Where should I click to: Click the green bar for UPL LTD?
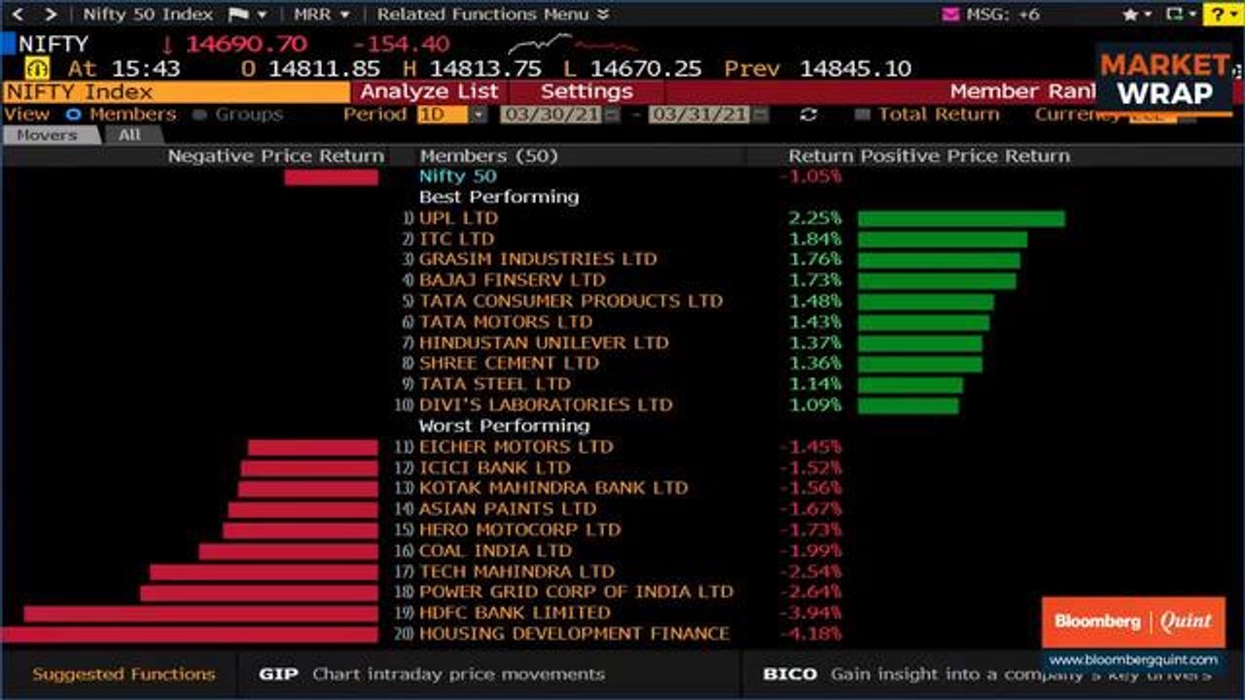[x=961, y=219]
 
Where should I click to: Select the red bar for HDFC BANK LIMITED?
[x=200, y=613]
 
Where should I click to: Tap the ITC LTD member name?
[x=456, y=239]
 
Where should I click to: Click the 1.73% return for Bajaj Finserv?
[x=815, y=280]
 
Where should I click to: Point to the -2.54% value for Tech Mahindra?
[x=810, y=572]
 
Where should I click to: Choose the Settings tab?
[x=587, y=91]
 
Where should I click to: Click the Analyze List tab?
[x=429, y=91]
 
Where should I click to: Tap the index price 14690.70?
[x=246, y=44]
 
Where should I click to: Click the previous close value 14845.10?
[x=855, y=69]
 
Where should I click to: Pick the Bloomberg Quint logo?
[x=1133, y=622]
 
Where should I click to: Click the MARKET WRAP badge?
[x=1164, y=79]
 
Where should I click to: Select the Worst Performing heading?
[x=504, y=426]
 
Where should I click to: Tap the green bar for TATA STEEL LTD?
[x=910, y=384]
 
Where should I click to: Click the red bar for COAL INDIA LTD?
[x=288, y=551]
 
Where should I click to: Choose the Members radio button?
[x=73, y=115]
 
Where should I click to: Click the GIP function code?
[x=278, y=674]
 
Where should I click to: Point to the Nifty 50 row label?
[x=457, y=176]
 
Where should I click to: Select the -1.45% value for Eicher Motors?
[x=810, y=447]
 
